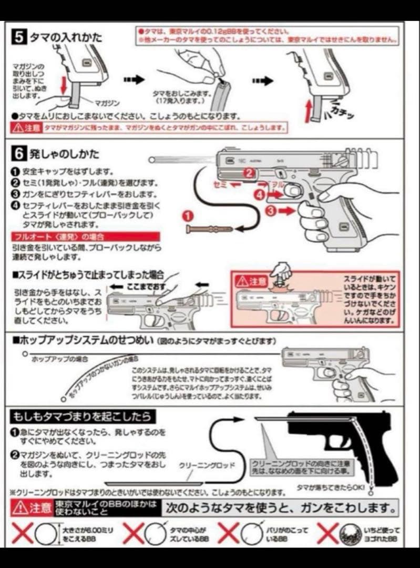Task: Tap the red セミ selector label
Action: click(x=220, y=184)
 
